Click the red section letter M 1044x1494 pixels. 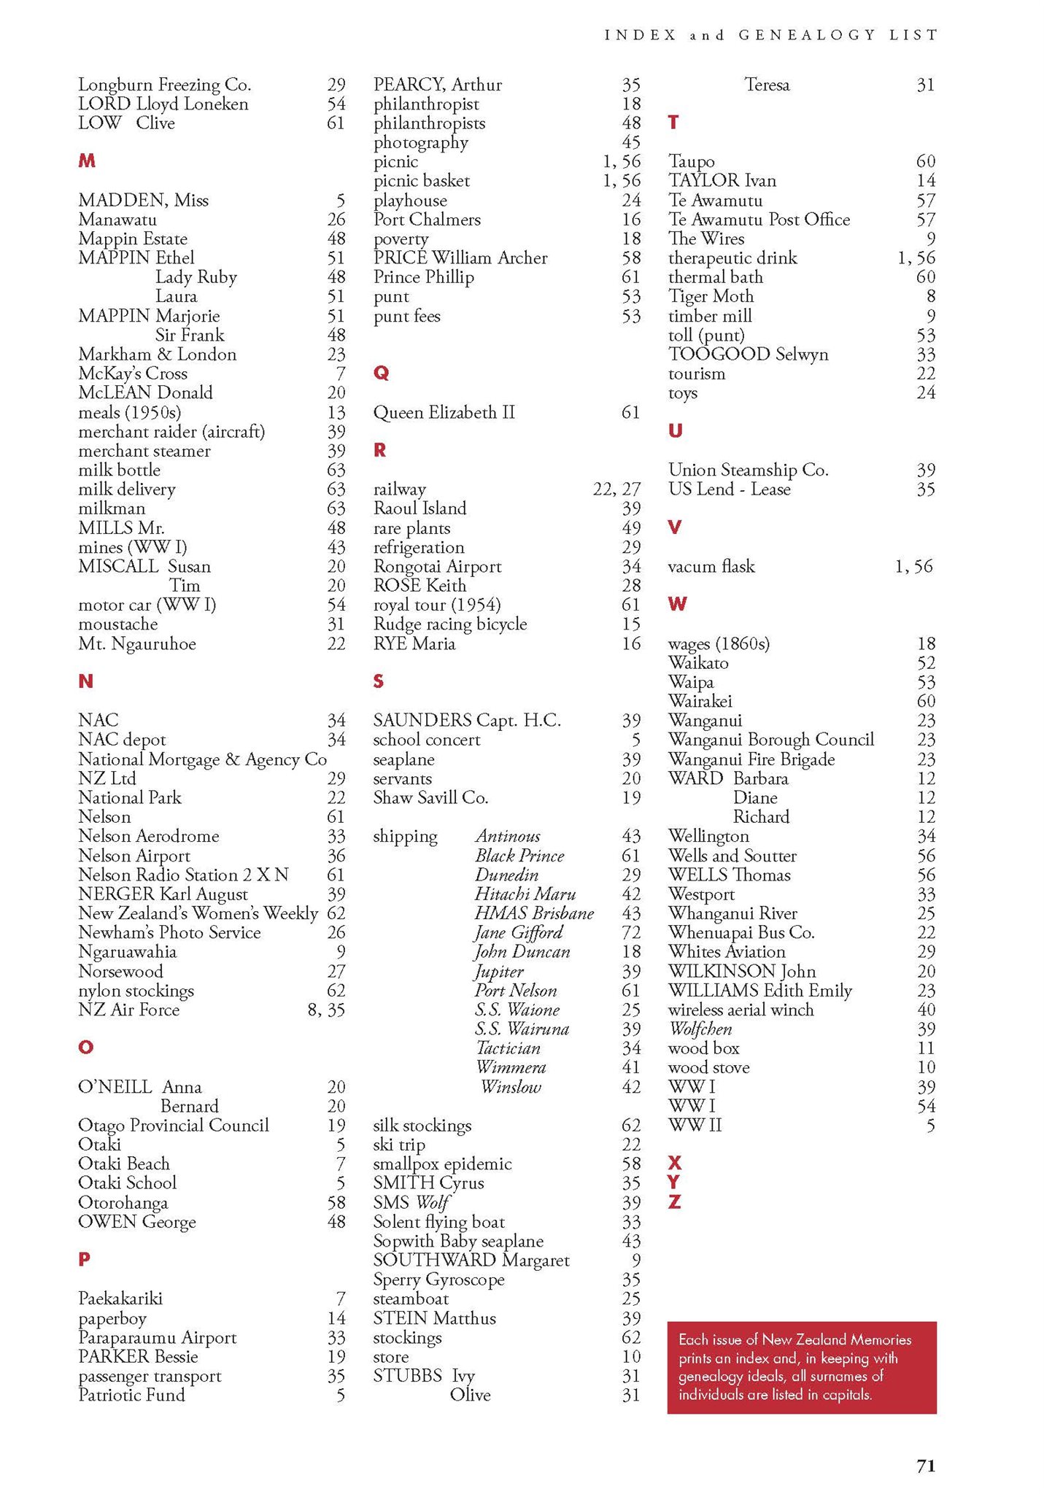tap(86, 161)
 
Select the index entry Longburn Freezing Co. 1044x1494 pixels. tap(164, 85)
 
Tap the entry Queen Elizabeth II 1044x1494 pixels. tap(444, 413)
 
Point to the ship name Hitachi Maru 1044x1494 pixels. tap(525, 894)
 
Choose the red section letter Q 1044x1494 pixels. tap(381, 373)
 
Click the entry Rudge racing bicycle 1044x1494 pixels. tap(449, 624)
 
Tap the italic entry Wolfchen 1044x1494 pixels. tap(700, 1029)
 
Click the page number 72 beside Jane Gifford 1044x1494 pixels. tap(631, 932)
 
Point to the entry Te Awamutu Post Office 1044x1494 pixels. tap(759, 220)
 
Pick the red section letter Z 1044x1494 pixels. tap(674, 1201)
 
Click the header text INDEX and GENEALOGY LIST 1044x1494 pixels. tap(770, 35)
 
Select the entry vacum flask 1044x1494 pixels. tap(711, 567)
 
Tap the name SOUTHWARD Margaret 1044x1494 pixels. tap(471, 1261)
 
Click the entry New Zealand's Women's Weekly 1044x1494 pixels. tap(198, 913)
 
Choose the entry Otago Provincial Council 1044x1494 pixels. tap(173, 1126)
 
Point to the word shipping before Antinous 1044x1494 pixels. tap(405, 837)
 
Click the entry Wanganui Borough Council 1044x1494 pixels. tap(770, 740)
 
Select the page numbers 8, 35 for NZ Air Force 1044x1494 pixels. tap(325, 1010)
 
